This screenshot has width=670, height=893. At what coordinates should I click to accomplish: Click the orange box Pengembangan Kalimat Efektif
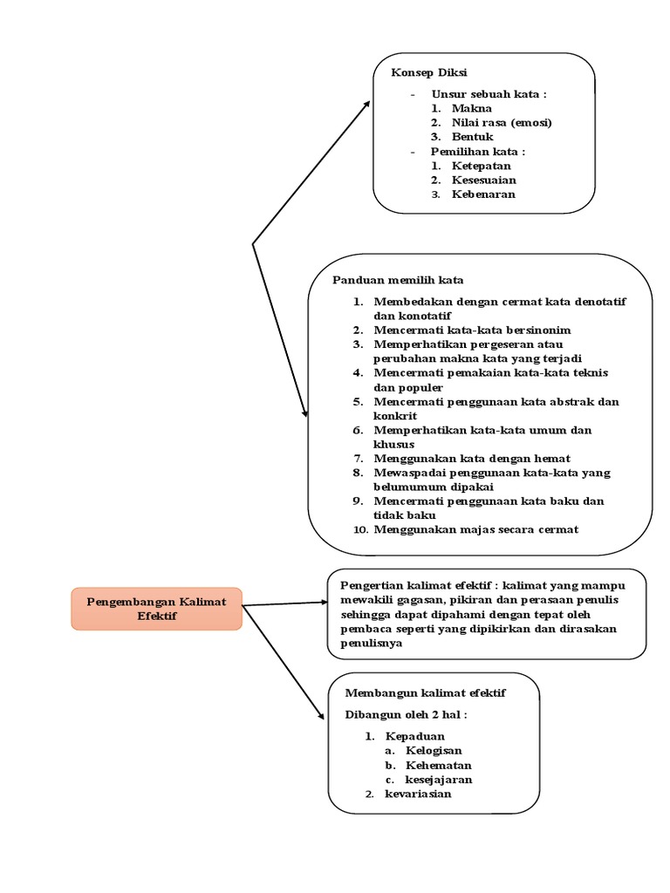click(156, 608)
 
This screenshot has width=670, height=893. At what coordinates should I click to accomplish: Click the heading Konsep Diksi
click(422, 72)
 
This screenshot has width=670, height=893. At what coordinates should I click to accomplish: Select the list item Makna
click(471, 108)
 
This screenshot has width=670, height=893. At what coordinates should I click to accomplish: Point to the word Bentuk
click(473, 137)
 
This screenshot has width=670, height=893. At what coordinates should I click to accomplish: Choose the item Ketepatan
click(482, 166)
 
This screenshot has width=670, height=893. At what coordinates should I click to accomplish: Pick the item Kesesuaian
click(489, 180)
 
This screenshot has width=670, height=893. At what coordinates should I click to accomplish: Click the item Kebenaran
click(483, 194)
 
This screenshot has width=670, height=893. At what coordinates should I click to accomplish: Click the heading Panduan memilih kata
click(398, 280)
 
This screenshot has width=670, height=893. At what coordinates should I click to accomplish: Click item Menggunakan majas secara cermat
click(475, 529)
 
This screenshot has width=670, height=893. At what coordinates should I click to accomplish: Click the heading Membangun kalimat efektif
click(425, 692)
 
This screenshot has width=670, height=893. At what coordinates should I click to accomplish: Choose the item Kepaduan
click(414, 736)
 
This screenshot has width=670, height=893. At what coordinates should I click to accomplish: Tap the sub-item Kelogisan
click(434, 750)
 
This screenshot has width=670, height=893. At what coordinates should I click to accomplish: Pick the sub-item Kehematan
click(437, 765)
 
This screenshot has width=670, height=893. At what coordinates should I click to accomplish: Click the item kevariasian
click(418, 794)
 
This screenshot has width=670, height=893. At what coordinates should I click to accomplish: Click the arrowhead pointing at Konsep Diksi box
click(366, 104)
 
